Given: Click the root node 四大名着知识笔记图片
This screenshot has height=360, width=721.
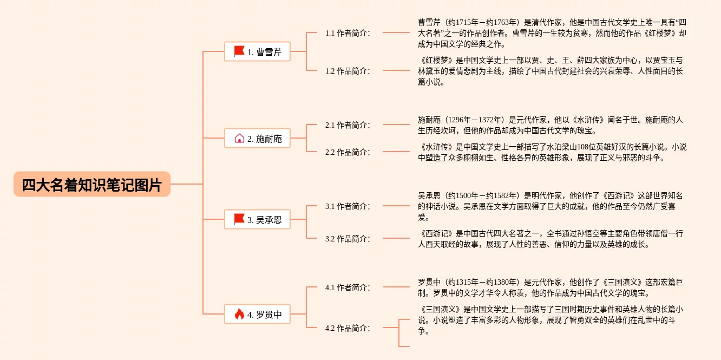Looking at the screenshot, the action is click(x=91, y=184).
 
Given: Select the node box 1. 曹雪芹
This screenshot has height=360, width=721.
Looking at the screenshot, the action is click(x=257, y=51).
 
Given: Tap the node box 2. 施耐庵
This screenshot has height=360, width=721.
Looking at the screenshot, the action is click(x=257, y=138).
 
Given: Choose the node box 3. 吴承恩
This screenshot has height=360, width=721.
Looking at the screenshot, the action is click(x=257, y=219).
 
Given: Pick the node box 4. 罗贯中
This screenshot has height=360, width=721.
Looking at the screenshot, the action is click(x=257, y=314).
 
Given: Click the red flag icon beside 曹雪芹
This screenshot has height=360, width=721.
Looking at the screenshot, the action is click(x=239, y=51).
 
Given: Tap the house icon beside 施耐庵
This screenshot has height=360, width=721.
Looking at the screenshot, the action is click(x=239, y=138).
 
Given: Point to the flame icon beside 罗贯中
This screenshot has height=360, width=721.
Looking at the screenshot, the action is click(x=239, y=314).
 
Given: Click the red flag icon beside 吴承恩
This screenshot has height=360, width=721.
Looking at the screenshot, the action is click(x=239, y=219).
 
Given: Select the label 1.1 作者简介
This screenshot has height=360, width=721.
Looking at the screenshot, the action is click(x=348, y=33).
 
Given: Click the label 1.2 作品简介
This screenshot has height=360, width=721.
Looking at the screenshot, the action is click(x=348, y=71).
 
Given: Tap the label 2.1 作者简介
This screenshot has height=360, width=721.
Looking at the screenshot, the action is click(x=348, y=125).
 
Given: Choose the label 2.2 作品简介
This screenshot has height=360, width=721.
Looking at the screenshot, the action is click(x=348, y=152).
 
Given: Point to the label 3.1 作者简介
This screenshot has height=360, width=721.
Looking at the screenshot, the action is click(x=348, y=206).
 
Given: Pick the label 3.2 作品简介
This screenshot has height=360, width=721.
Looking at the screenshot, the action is click(x=348, y=239).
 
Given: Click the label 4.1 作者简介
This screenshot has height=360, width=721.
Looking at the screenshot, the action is click(x=348, y=287).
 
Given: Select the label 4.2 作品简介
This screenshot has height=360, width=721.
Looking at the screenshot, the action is click(x=348, y=328).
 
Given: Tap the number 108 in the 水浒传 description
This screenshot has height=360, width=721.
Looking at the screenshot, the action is click(x=583, y=147).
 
